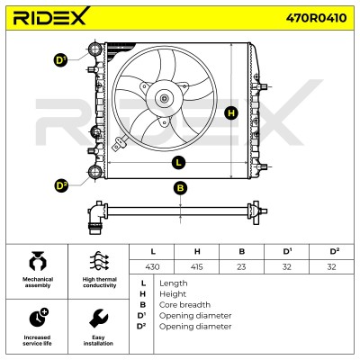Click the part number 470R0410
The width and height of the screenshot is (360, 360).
pyautogui.click(x=316, y=18)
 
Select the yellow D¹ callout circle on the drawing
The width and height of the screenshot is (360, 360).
pyautogui.click(x=61, y=60)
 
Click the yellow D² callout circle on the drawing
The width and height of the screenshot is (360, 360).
pyautogui.click(x=61, y=186)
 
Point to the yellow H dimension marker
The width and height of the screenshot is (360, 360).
pyautogui.click(x=231, y=113)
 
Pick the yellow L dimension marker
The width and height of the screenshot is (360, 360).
pyautogui.click(x=179, y=163)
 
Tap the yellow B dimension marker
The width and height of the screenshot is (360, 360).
pyautogui.click(x=180, y=188)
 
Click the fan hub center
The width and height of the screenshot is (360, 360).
pyautogui.click(x=165, y=98)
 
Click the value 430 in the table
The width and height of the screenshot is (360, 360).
pyautogui.click(x=152, y=266)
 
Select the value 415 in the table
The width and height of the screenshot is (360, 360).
pyautogui.click(x=197, y=266)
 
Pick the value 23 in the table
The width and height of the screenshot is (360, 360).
pyautogui.click(x=241, y=266)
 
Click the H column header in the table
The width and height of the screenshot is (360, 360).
pyautogui.click(x=197, y=251)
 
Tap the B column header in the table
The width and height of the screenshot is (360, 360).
pyautogui.click(x=242, y=251)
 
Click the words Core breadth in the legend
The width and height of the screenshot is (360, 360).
pyautogui.click(x=184, y=305)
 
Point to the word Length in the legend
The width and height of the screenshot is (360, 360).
pyautogui.click(x=174, y=283)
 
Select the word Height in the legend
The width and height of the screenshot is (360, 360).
pyautogui.click(x=173, y=294)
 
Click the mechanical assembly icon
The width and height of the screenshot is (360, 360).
pyautogui.click(x=38, y=261)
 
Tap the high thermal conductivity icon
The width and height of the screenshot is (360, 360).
pyautogui.click(x=100, y=261)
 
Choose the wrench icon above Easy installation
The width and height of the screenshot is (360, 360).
pyautogui.click(x=98, y=319)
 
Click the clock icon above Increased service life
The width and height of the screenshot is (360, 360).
pyautogui.click(x=39, y=318)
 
